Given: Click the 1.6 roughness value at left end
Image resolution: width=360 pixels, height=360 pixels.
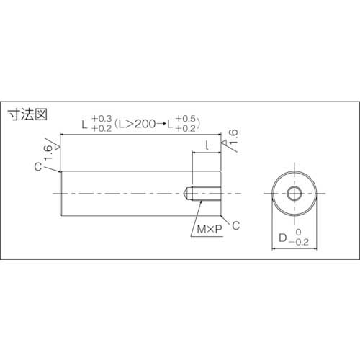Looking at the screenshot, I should pos(48,148).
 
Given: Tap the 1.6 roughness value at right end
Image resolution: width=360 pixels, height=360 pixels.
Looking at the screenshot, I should pos(232,137).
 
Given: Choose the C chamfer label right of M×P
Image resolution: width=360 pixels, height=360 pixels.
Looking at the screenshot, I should pos(235,226).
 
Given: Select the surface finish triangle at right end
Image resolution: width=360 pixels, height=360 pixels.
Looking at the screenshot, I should pos(225,146).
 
